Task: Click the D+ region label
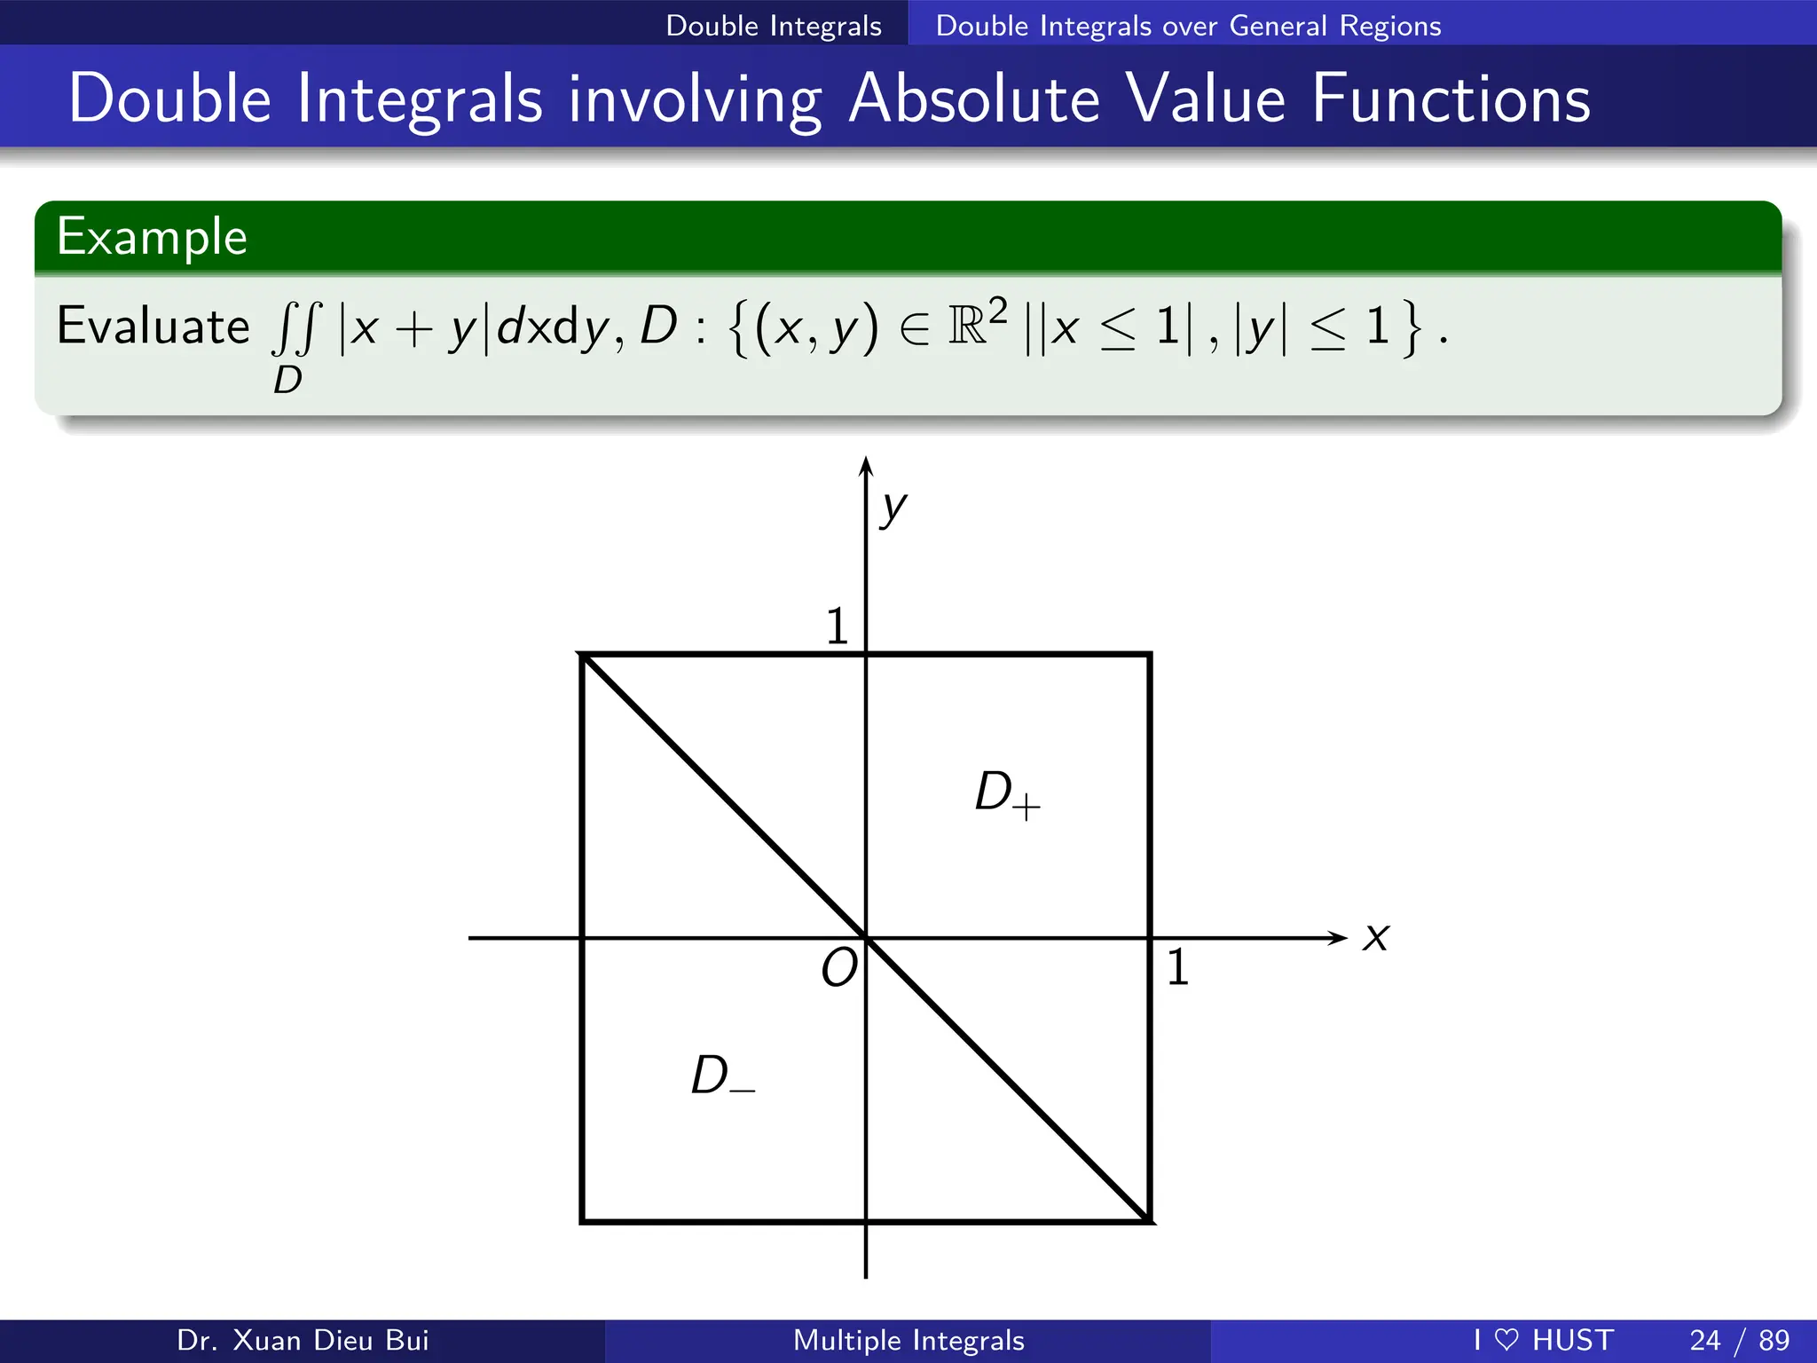point(1006,793)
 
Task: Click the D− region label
point(722,1076)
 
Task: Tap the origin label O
point(839,967)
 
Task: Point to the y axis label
point(893,509)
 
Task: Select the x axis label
point(1376,937)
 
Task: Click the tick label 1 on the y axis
point(837,626)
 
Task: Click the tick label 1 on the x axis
point(1177,967)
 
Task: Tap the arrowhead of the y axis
point(866,467)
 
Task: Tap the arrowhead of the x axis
point(1338,938)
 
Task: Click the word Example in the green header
point(152,237)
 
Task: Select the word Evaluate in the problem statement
point(153,326)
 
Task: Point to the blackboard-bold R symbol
point(966,326)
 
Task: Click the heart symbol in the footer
point(1506,1339)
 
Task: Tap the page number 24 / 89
point(1739,1340)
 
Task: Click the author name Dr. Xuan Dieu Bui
point(303,1340)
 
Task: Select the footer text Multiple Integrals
point(908,1340)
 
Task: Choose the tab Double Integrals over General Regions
point(1188,26)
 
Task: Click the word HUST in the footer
point(1572,1340)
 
